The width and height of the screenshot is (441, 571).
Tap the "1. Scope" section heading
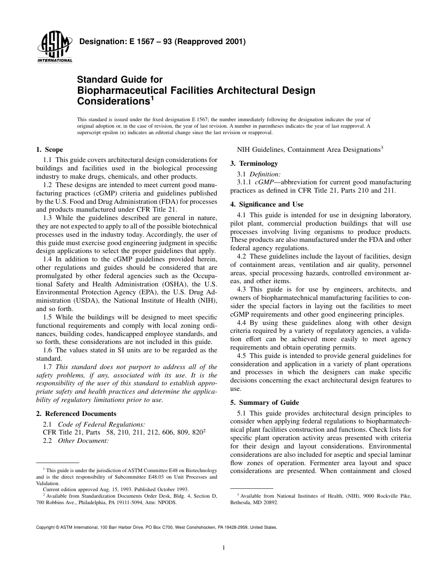(x=50, y=149)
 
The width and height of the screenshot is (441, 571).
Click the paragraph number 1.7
(x=48, y=367)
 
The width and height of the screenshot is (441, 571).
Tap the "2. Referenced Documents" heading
(x=76, y=414)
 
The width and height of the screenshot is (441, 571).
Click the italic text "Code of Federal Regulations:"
(x=101, y=424)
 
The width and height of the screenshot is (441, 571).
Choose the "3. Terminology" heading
(x=254, y=163)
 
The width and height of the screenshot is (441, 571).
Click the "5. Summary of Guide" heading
(x=265, y=402)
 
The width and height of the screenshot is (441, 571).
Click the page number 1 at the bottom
(x=223, y=548)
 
